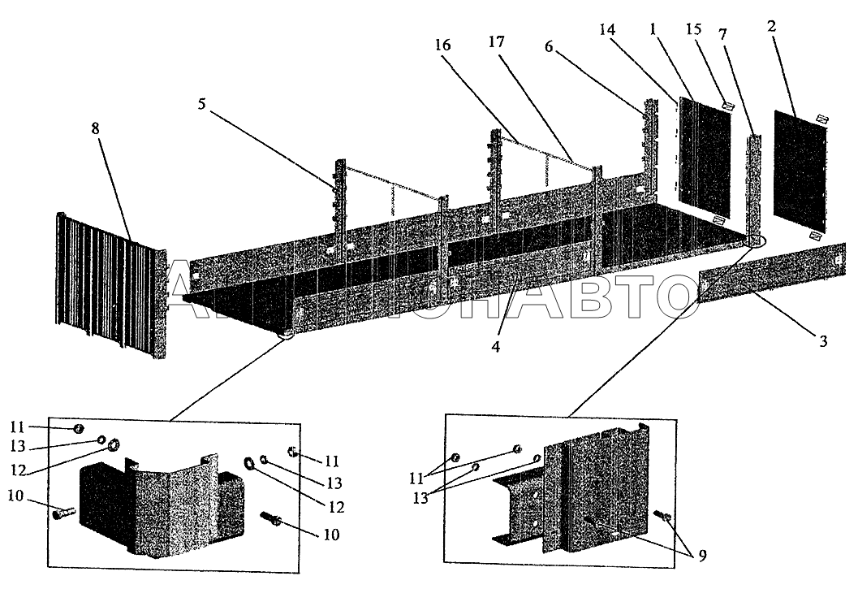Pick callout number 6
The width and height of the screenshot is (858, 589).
pyautogui.click(x=549, y=48)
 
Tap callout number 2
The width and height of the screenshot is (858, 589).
pyautogui.click(x=771, y=27)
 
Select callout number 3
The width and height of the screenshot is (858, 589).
pyautogui.click(x=821, y=342)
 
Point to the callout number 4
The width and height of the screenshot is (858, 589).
pyautogui.click(x=495, y=346)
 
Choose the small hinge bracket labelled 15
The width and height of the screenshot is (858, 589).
pyautogui.click(x=728, y=106)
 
